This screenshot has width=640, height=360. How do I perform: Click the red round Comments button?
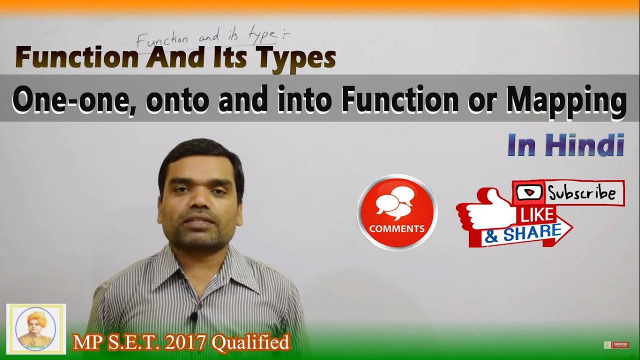[x=397, y=212]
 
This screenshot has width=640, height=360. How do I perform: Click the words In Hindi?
[x=565, y=145]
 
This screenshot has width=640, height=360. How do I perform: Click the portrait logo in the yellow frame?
[x=35, y=329]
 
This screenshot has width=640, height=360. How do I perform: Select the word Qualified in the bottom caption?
[x=250, y=343]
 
